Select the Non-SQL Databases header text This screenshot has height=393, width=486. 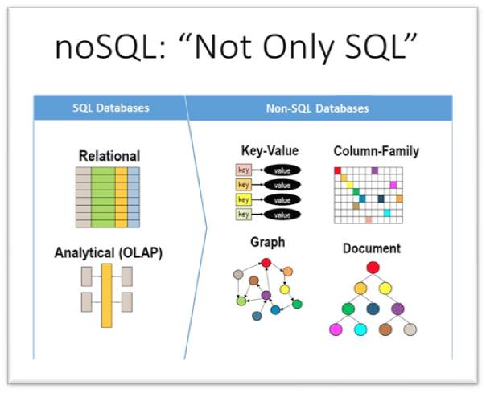pyautogui.click(x=319, y=108)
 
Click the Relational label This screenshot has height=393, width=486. pyautogui.click(x=109, y=155)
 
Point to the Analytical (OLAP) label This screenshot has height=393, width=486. pyautogui.click(x=108, y=252)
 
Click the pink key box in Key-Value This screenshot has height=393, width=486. pyautogui.click(x=243, y=170)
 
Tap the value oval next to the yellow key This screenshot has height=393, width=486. pyautogui.click(x=282, y=199)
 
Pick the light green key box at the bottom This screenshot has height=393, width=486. pyautogui.click(x=243, y=215)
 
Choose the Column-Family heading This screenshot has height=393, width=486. pyautogui.click(x=376, y=150)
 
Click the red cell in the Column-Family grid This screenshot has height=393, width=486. pyautogui.click(x=338, y=170)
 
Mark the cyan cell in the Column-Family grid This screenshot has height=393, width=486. pyautogui.click(x=387, y=213)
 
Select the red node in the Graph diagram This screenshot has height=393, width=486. pyautogui.click(x=266, y=263)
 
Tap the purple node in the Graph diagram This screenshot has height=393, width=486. pyautogui.click(x=266, y=297)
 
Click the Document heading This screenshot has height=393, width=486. pyautogui.click(x=372, y=248)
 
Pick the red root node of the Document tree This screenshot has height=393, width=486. pyautogui.click(x=372, y=268)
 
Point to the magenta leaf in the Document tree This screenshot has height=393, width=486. pyautogui.click(x=336, y=330)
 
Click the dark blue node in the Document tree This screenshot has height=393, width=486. pyautogui.click(x=373, y=309)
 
